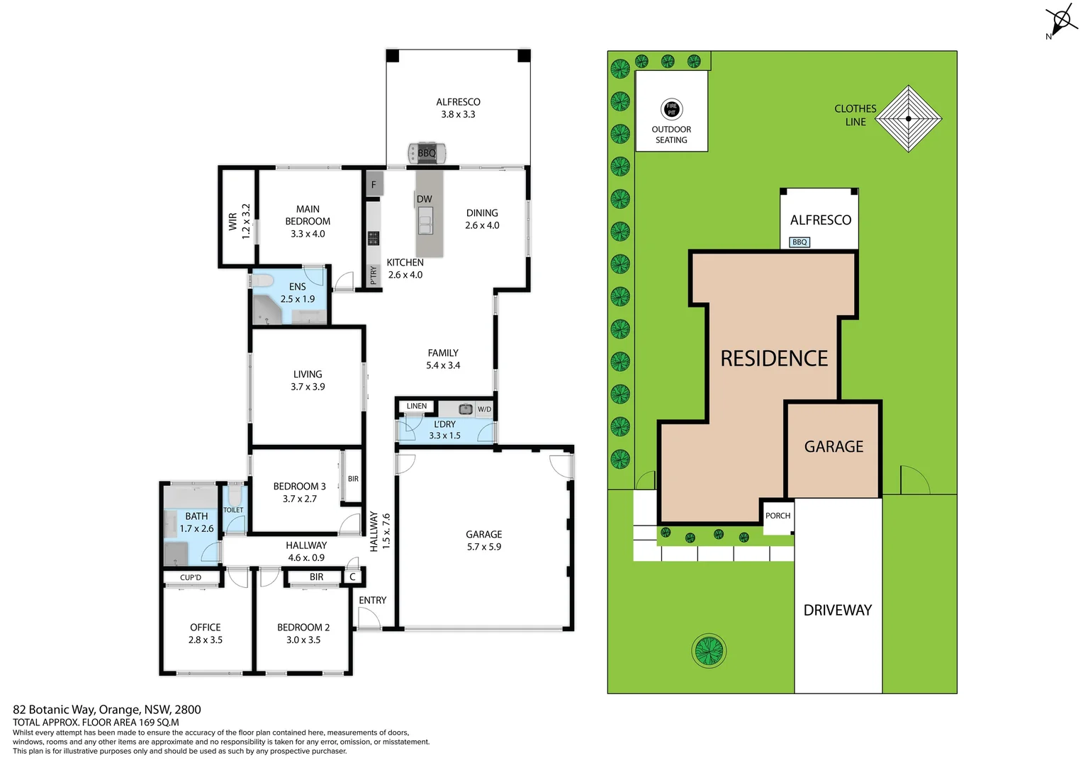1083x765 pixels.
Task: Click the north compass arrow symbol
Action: click(x=1061, y=18)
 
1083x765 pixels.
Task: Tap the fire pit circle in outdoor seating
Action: click(x=671, y=109)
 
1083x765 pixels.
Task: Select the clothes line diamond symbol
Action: click(x=908, y=119)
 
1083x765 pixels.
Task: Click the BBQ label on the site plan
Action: click(x=799, y=242)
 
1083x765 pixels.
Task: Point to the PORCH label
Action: click(x=778, y=516)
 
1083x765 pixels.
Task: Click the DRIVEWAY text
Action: click(x=837, y=610)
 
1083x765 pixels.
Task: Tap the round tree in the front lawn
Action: click(x=708, y=650)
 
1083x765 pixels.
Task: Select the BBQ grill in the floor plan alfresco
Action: click(x=427, y=152)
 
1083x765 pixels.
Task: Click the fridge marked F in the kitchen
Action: click(x=374, y=184)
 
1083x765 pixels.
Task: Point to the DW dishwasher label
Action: click(x=424, y=199)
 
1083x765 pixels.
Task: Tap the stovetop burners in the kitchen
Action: click(x=373, y=238)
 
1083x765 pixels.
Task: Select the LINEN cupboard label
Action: click(x=417, y=407)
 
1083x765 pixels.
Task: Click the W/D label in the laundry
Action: click(x=484, y=409)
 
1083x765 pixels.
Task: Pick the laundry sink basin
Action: click(x=466, y=409)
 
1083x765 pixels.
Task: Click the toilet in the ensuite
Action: click(x=264, y=281)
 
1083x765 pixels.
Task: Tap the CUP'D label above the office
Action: click(x=191, y=577)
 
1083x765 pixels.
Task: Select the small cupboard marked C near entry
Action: click(x=352, y=577)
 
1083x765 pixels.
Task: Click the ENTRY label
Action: click(x=372, y=600)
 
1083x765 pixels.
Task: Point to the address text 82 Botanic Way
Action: click(x=106, y=709)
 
